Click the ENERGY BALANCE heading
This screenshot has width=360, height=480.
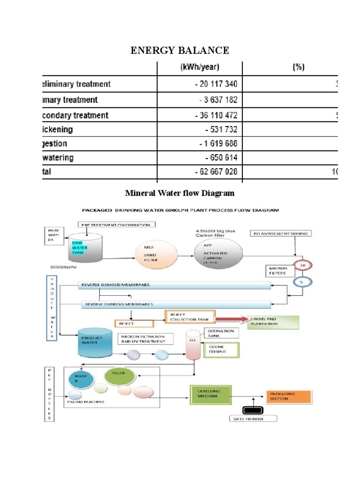pos(180,50)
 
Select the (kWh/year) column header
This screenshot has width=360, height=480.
pos(200,67)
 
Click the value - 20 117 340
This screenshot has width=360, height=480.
pos(216,84)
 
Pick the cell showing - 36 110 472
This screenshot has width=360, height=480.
pos(216,115)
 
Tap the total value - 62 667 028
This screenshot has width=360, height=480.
pos(216,172)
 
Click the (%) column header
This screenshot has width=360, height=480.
pos(298,67)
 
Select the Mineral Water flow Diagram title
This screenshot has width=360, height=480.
pos(180,193)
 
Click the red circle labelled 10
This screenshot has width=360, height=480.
pos(302,265)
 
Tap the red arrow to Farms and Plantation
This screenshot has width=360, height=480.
pos(232,319)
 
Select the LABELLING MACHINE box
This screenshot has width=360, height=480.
pos(211,395)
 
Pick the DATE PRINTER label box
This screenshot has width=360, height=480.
pos(253,419)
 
